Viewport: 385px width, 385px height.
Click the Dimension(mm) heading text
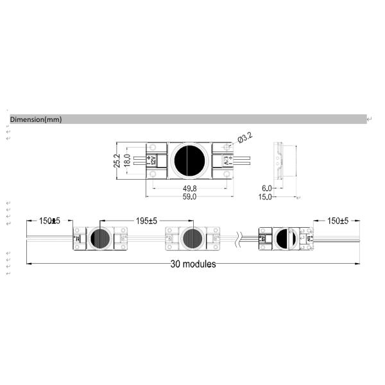(36, 119)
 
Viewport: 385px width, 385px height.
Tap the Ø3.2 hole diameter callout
(245, 138)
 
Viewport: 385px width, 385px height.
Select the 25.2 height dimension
(117, 160)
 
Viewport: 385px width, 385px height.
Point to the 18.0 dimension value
(126, 160)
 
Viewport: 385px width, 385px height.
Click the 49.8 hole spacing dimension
(189, 189)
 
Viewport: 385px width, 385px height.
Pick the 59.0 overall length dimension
(189, 197)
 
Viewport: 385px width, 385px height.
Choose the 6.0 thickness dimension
(267, 188)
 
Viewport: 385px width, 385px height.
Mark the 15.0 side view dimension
(265, 197)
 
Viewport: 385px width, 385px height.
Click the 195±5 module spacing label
(146, 221)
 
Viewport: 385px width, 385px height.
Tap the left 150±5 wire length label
(49, 221)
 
